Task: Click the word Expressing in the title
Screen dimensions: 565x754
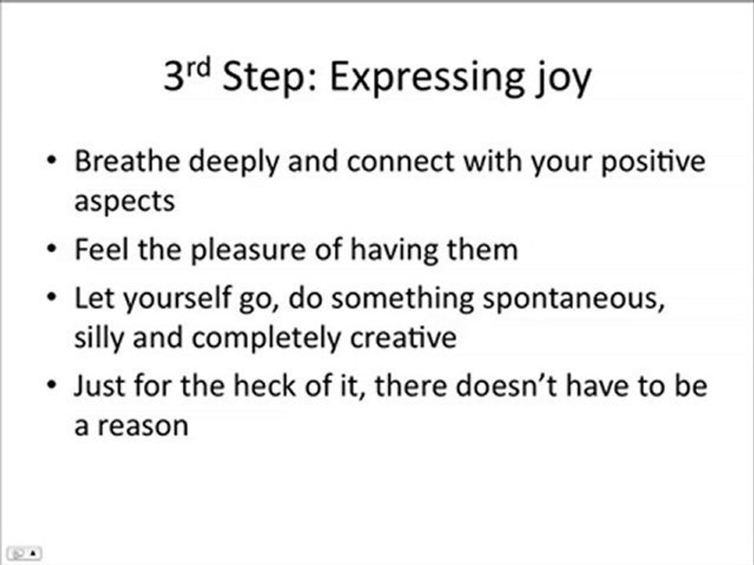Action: point(422,79)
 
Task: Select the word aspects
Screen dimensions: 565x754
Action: point(124,202)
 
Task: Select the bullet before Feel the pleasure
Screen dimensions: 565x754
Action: point(52,250)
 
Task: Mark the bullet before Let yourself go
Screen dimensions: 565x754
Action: point(52,299)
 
